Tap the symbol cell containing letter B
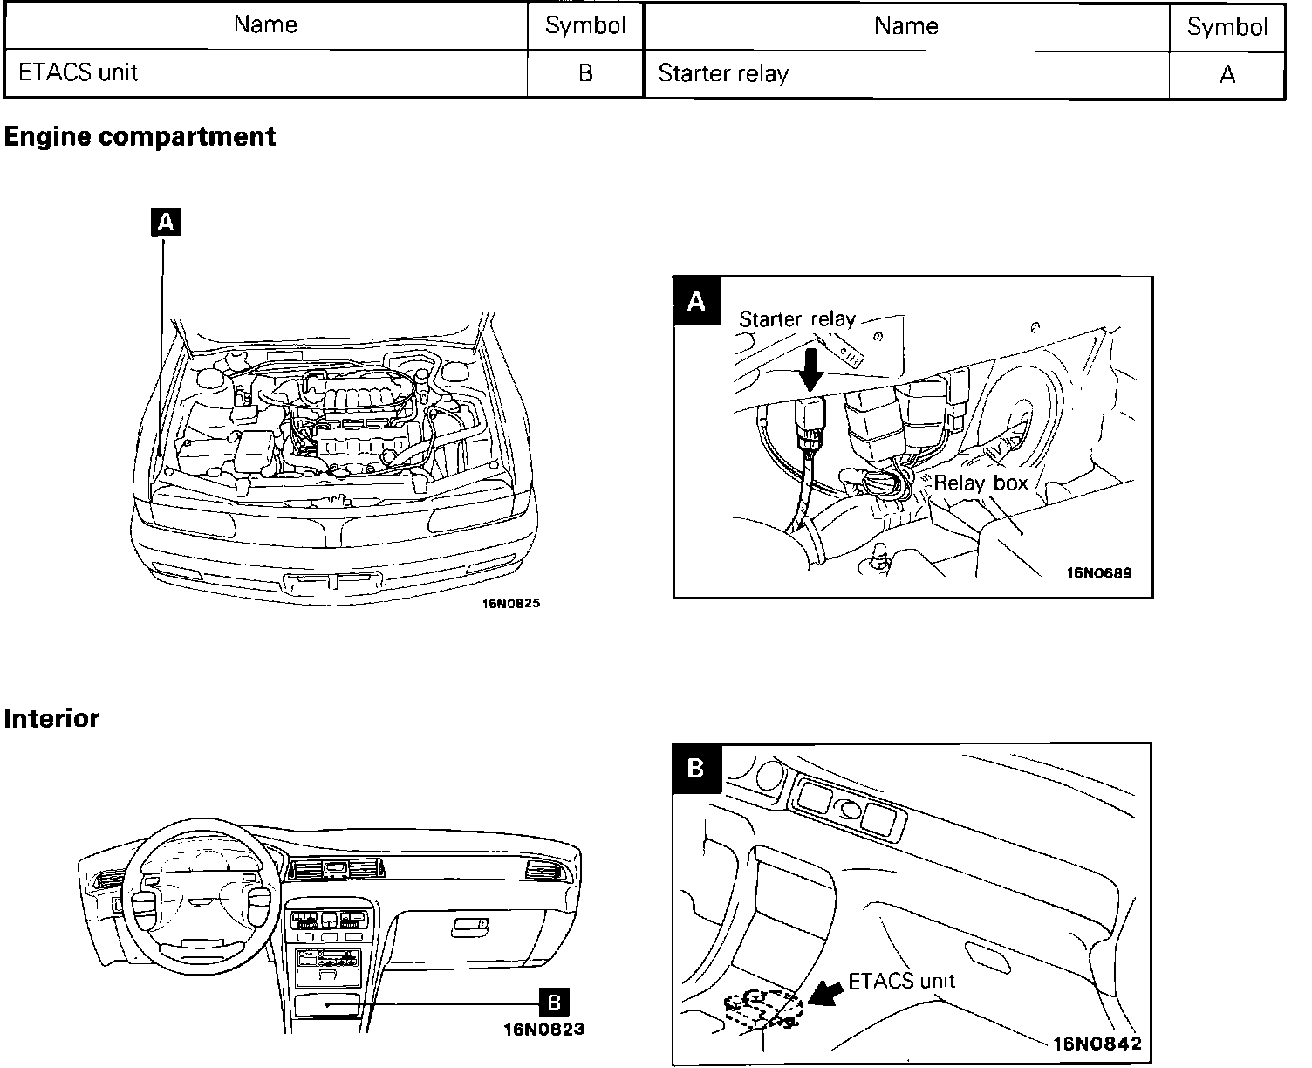(x=585, y=73)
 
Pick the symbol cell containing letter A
(x=1227, y=75)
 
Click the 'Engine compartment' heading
(x=140, y=137)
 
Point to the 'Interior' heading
(x=51, y=719)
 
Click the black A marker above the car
(x=164, y=223)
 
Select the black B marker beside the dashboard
(x=555, y=1002)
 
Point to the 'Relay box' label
(x=981, y=483)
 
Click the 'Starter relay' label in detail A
(x=797, y=319)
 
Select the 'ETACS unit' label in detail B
(x=902, y=981)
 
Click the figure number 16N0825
(x=511, y=603)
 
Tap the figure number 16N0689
(x=1099, y=573)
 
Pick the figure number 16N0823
(x=543, y=1030)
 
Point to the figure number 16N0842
(x=1097, y=1044)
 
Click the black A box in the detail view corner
(x=696, y=301)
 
